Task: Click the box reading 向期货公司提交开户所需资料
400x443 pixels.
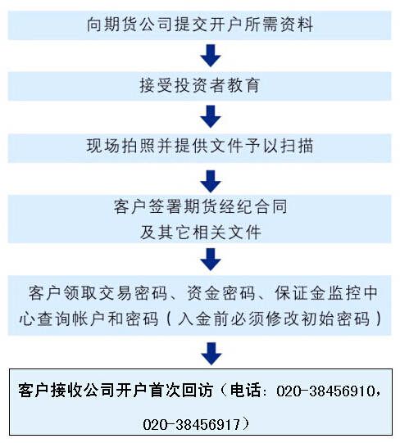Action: point(200,25)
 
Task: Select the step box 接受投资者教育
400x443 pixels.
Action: point(200,86)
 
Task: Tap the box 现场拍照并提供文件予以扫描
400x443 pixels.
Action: point(200,148)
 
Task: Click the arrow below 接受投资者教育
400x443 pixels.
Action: point(211,116)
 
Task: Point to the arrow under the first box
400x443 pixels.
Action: point(211,56)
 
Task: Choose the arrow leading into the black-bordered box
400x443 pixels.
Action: point(211,354)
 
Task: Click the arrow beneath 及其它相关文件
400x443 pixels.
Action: point(211,260)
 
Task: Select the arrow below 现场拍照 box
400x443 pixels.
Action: point(211,182)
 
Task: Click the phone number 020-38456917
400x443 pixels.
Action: point(192,425)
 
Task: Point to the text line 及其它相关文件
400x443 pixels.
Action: point(201,233)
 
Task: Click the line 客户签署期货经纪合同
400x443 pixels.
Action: point(201,206)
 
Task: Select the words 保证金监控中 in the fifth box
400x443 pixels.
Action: point(326,293)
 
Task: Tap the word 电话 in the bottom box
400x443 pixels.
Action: point(245,391)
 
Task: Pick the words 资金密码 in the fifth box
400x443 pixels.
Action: point(221,293)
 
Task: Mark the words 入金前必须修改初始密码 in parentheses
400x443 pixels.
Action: point(274,319)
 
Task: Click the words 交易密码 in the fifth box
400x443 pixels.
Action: point(133,293)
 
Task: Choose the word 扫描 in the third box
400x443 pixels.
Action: point(297,146)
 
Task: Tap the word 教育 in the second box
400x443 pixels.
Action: point(243,85)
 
